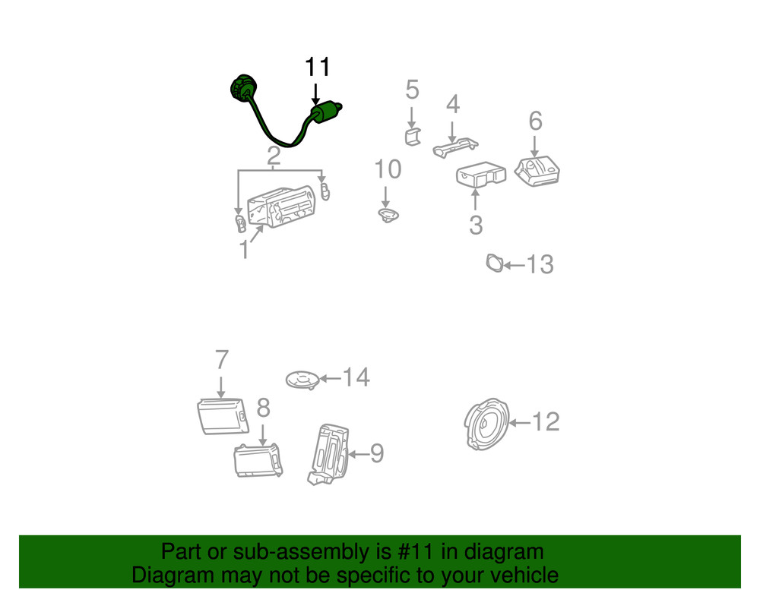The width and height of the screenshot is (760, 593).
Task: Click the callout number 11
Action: click(318, 67)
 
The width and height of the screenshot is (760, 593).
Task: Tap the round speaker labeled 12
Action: click(486, 424)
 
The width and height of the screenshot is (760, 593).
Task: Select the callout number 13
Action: click(540, 264)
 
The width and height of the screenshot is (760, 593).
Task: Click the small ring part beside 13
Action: click(495, 263)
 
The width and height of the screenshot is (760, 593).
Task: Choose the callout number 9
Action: click(377, 453)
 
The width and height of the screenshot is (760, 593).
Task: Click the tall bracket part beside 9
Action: click(328, 455)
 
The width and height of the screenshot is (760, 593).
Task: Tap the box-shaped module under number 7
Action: click(223, 416)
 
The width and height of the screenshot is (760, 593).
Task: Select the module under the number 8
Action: click(258, 460)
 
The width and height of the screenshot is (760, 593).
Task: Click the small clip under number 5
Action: click(413, 137)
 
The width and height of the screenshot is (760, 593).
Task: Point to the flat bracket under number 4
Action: click(455, 147)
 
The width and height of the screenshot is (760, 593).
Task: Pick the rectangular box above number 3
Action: click(481, 175)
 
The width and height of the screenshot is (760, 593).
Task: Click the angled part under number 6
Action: click(537, 171)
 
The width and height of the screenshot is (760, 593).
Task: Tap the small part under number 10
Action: click(388, 215)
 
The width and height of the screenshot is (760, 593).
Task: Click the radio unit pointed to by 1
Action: click(282, 207)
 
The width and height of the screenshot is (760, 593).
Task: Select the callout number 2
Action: click(274, 156)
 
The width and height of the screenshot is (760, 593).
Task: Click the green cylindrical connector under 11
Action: click(325, 112)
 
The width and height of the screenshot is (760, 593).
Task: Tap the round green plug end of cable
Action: click(243, 89)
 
